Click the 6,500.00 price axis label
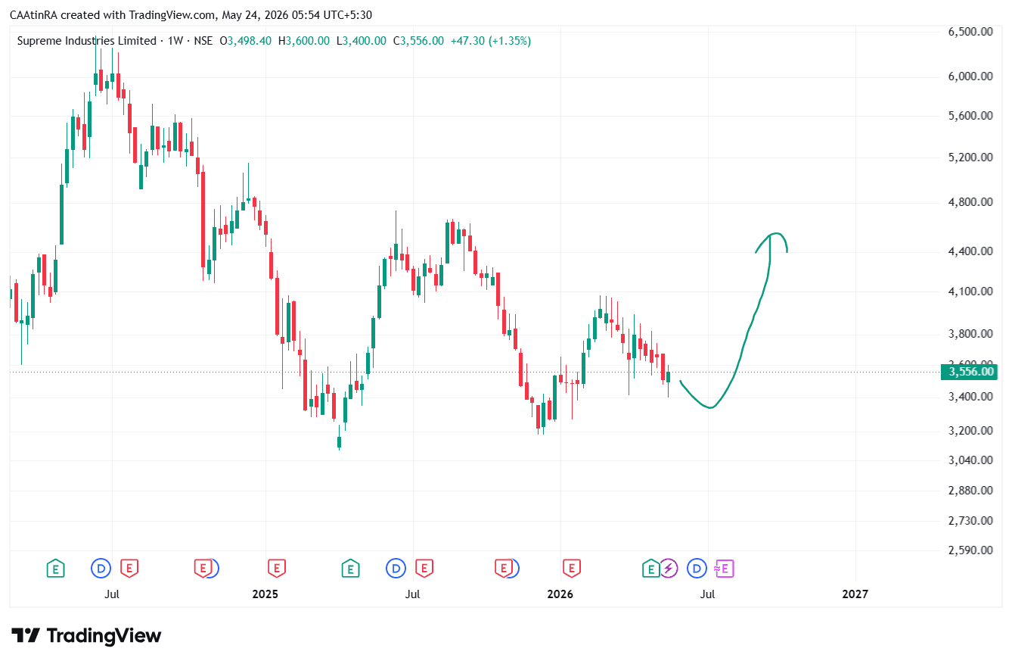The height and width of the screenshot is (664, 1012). pos(970,32)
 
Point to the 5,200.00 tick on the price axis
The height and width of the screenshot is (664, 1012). pos(970,157)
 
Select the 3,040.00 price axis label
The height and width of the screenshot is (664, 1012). pos(970,460)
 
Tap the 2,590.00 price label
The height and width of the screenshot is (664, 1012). pos(970,550)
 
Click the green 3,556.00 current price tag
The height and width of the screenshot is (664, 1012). pos(969,372)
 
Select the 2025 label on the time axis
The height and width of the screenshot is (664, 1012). pos(265,594)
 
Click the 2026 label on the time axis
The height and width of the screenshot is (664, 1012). pos(560,594)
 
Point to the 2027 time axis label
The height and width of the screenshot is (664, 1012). pos(855,594)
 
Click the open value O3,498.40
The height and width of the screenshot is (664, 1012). pos(245,41)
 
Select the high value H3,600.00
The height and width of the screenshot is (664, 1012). pos(303,41)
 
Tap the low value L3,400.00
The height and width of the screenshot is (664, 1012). pos(362,41)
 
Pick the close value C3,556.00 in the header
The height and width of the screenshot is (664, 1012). pos(418,41)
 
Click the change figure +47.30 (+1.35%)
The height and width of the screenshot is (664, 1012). pos(491,41)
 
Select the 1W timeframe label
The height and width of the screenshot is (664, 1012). pos(175,41)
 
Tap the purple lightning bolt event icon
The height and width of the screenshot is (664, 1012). pos(669,569)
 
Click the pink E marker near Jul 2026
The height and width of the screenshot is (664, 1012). pos(725,569)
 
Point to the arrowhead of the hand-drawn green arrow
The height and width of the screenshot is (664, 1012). pos(771,235)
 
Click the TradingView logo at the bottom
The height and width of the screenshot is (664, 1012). pos(85,635)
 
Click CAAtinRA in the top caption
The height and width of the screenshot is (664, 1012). pos(33,15)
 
